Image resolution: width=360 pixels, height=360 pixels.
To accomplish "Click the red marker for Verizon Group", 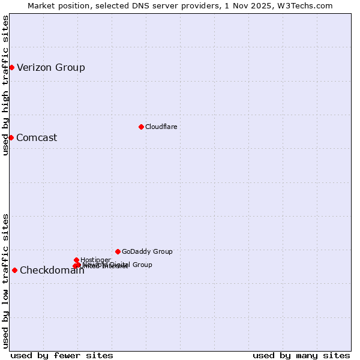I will pos(11,67).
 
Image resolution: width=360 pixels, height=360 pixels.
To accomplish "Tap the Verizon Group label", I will pos(51,67).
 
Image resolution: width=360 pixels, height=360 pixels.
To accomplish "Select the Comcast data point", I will pos(11,137).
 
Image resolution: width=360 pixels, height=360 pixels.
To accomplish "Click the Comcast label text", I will pos(37,137).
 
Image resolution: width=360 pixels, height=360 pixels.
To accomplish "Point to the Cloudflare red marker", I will pos(141,127).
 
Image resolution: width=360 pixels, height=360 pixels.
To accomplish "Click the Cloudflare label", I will pos(161,127).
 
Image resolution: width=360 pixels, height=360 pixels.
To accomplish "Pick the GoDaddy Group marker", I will pos(118,251).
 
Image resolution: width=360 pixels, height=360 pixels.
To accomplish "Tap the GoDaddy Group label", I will pos(147,251).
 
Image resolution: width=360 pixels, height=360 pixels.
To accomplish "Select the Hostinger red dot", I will pos(76,260).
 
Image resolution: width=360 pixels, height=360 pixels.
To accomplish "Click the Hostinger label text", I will pos(95,260).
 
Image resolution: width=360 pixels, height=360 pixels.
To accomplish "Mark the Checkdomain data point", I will pos(14,270).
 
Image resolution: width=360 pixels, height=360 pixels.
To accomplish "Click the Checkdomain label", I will pos(52,270).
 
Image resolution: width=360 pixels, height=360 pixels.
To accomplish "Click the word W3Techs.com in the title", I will pos(308,5).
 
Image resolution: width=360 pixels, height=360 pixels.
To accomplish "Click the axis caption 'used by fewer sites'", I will pos(62,355).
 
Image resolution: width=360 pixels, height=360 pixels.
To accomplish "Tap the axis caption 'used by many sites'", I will pos(301,355).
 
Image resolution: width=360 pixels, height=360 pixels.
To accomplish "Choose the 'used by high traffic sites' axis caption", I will pos(5,86).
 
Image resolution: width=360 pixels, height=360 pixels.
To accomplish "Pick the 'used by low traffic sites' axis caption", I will pos(5,281).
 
